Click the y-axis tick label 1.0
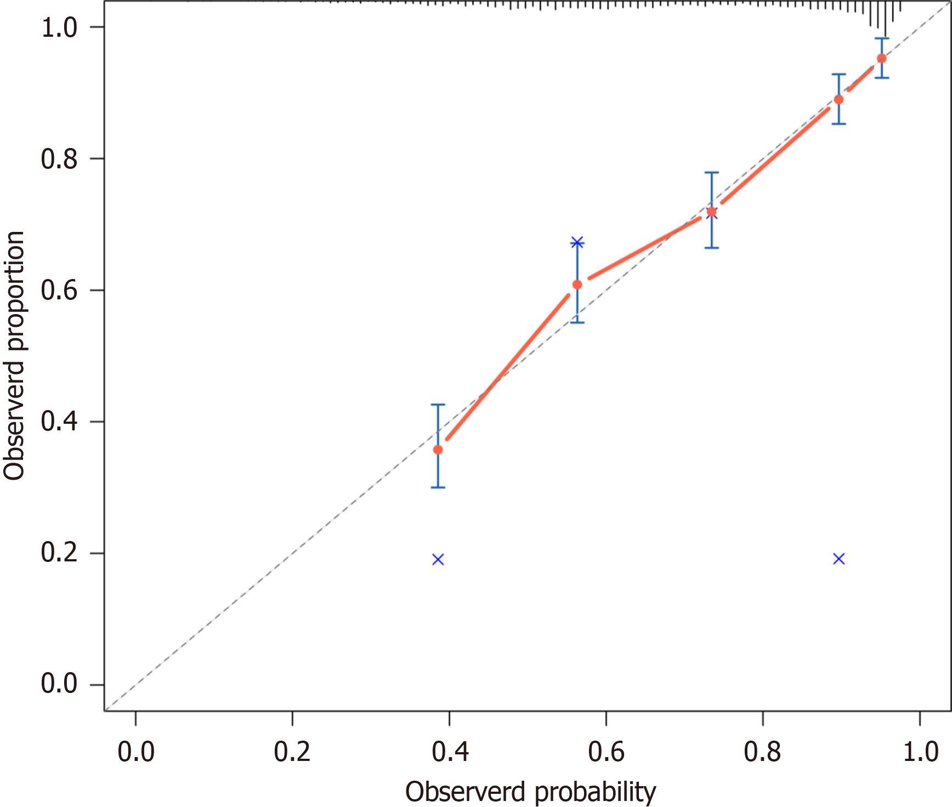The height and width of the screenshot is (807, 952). click(x=59, y=27)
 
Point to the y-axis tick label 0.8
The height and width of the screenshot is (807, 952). click(x=59, y=159)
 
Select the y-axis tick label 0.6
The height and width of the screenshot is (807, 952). click(x=59, y=290)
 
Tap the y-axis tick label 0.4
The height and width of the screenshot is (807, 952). click(x=59, y=422)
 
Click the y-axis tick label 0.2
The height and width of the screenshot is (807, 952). click(x=59, y=553)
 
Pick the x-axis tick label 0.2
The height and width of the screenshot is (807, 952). click(x=292, y=752)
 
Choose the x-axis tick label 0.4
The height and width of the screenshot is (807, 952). click(x=450, y=752)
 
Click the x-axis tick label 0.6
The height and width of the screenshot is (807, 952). click(x=606, y=752)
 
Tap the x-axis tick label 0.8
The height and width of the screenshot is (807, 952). click(x=763, y=752)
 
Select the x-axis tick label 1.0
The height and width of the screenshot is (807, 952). click(x=920, y=752)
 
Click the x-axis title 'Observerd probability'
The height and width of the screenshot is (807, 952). click(x=530, y=792)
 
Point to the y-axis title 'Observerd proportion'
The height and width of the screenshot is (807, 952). click(x=14, y=355)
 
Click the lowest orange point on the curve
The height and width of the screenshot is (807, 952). click(x=438, y=450)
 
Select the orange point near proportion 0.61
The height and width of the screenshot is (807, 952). click(x=577, y=285)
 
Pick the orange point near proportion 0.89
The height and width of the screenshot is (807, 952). click(x=838, y=99)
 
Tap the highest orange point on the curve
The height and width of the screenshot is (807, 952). click(x=881, y=58)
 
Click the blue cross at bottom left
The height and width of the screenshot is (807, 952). click(x=438, y=559)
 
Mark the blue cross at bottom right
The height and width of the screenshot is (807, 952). click(x=838, y=559)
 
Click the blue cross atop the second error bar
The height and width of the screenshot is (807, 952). click(x=577, y=242)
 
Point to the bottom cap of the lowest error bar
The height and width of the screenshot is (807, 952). click(x=438, y=487)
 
